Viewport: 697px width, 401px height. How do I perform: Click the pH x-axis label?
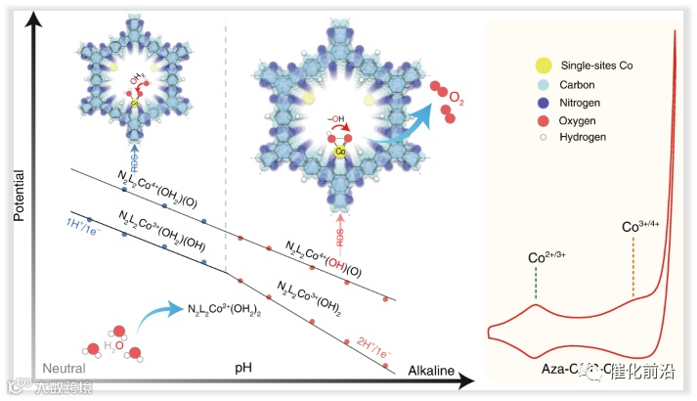coord(244,367)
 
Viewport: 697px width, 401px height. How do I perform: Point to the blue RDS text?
coord(134,156)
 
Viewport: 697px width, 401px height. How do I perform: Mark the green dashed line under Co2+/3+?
coord(536,284)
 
